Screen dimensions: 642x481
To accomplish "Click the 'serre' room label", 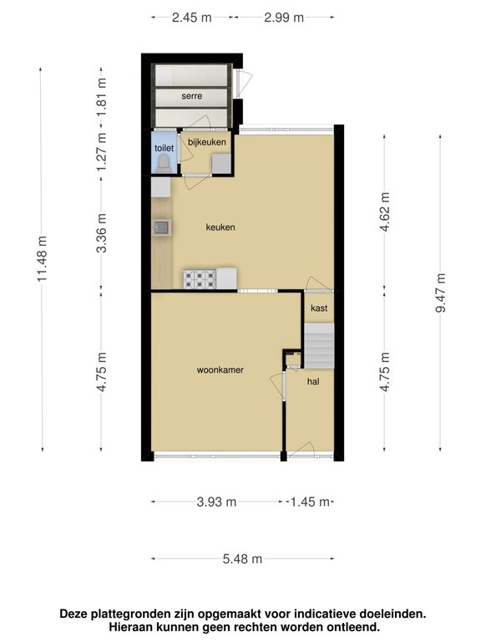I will point(192,96).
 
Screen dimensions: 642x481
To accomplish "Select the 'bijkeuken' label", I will point(205,142).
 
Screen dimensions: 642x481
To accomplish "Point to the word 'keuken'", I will point(220,227).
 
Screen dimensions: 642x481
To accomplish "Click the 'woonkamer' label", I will point(220,369).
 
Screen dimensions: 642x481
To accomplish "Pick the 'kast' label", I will point(318,308).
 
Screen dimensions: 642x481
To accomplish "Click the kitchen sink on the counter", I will point(161,227).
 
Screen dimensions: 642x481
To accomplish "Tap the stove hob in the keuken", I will point(200,278).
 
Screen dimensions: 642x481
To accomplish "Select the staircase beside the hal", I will point(318,345).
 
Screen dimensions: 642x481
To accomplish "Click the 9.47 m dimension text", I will point(441,293).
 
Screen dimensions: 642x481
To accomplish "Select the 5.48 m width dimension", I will point(242,558).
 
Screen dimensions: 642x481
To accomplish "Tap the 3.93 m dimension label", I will point(216,502).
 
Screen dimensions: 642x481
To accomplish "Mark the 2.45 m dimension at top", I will point(191,18).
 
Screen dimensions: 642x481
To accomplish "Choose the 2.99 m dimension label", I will point(283,18).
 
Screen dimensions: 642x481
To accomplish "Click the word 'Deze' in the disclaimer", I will point(75,614).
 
